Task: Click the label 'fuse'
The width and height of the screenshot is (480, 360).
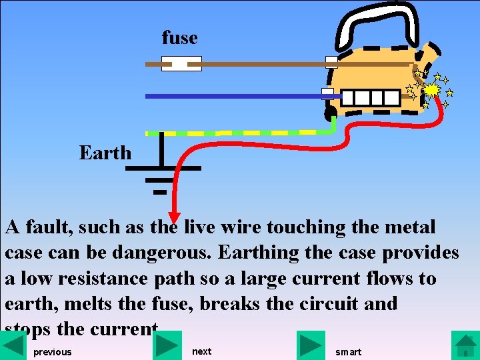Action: coord(179,38)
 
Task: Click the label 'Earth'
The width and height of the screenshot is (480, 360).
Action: coord(105,153)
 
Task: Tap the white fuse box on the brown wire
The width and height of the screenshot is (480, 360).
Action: coord(182,64)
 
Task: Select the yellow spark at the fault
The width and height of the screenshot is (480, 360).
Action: coord(432,89)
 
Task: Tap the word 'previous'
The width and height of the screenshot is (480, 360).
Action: coord(52,351)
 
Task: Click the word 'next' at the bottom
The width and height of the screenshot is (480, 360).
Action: coord(201,351)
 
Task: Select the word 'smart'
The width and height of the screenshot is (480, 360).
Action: coord(348,351)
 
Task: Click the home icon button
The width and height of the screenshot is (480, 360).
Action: coord(465,345)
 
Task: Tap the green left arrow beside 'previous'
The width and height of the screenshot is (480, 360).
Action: coord(14,345)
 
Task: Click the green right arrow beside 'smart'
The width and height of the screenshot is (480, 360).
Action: coord(311,345)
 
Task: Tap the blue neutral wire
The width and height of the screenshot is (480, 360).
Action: coord(233,96)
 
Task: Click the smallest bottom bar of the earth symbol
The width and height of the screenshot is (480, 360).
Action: coord(159,191)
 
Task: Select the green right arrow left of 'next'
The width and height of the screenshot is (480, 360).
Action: coord(167,345)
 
